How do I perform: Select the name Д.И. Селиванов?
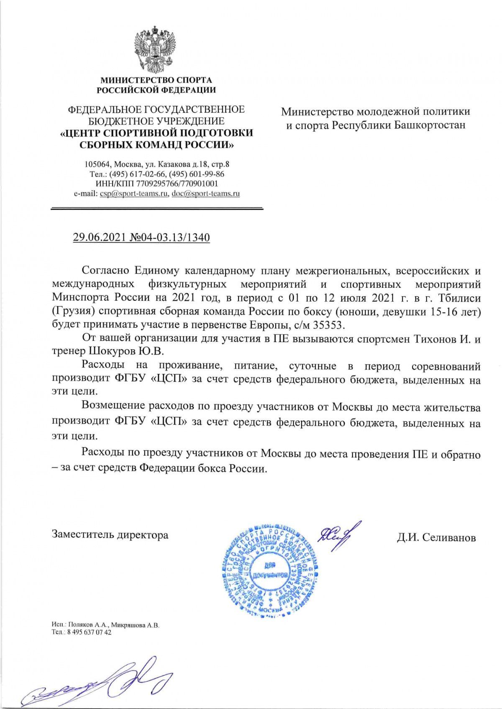click(436, 537)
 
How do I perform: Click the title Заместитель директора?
click(110, 534)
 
